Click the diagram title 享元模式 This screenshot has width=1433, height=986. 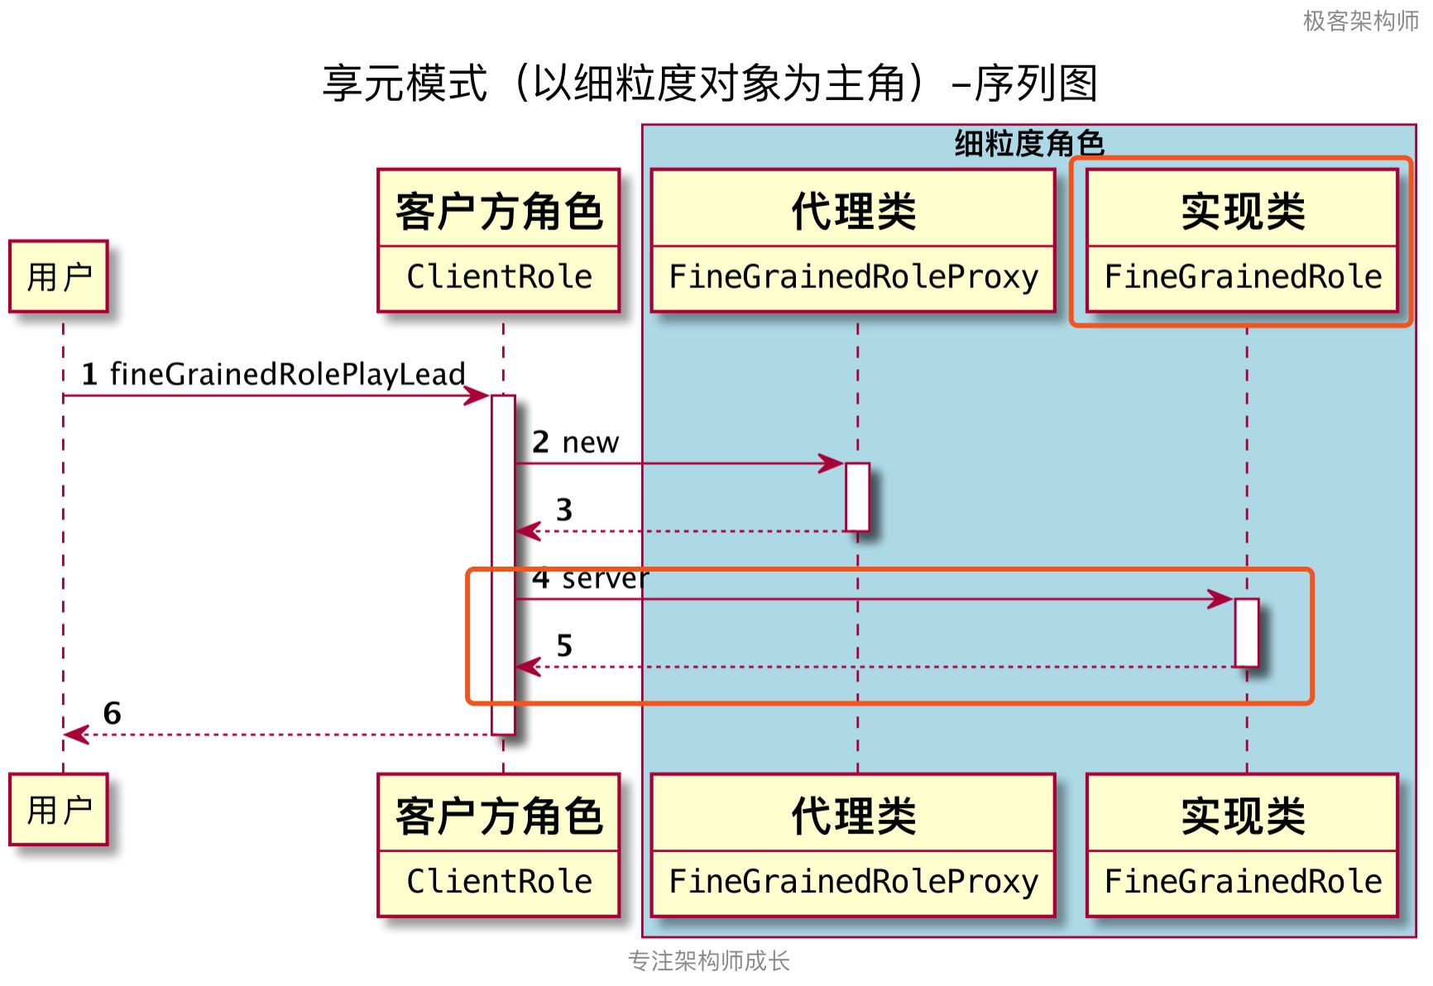tap(709, 84)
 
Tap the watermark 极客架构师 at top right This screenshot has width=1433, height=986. tap(1360, 21)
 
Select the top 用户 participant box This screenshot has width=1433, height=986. tap(59, 276)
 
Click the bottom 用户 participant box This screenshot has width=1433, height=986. tap(59, 809)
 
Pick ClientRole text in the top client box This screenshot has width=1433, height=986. tap(499, 277)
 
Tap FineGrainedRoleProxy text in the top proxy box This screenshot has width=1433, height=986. tap(853, 277)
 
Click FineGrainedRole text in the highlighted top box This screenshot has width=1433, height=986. tap(1243, 277)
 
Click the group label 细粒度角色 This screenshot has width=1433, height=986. tap(1029, 144)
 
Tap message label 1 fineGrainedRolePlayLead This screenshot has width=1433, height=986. tap(273, 374)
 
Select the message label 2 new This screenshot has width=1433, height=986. tap(575, 443)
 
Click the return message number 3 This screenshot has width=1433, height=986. tap(563, 510)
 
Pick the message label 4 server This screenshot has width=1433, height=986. tap(590, 578)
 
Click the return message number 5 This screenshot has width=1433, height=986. tap(563, 645)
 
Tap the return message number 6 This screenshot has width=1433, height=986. tap(112, 713)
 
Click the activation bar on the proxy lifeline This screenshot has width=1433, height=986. tap(857, 496)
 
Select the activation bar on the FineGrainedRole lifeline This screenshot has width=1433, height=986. tap(1246, 632)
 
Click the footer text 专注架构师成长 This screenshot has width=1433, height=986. tap(709, 960)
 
